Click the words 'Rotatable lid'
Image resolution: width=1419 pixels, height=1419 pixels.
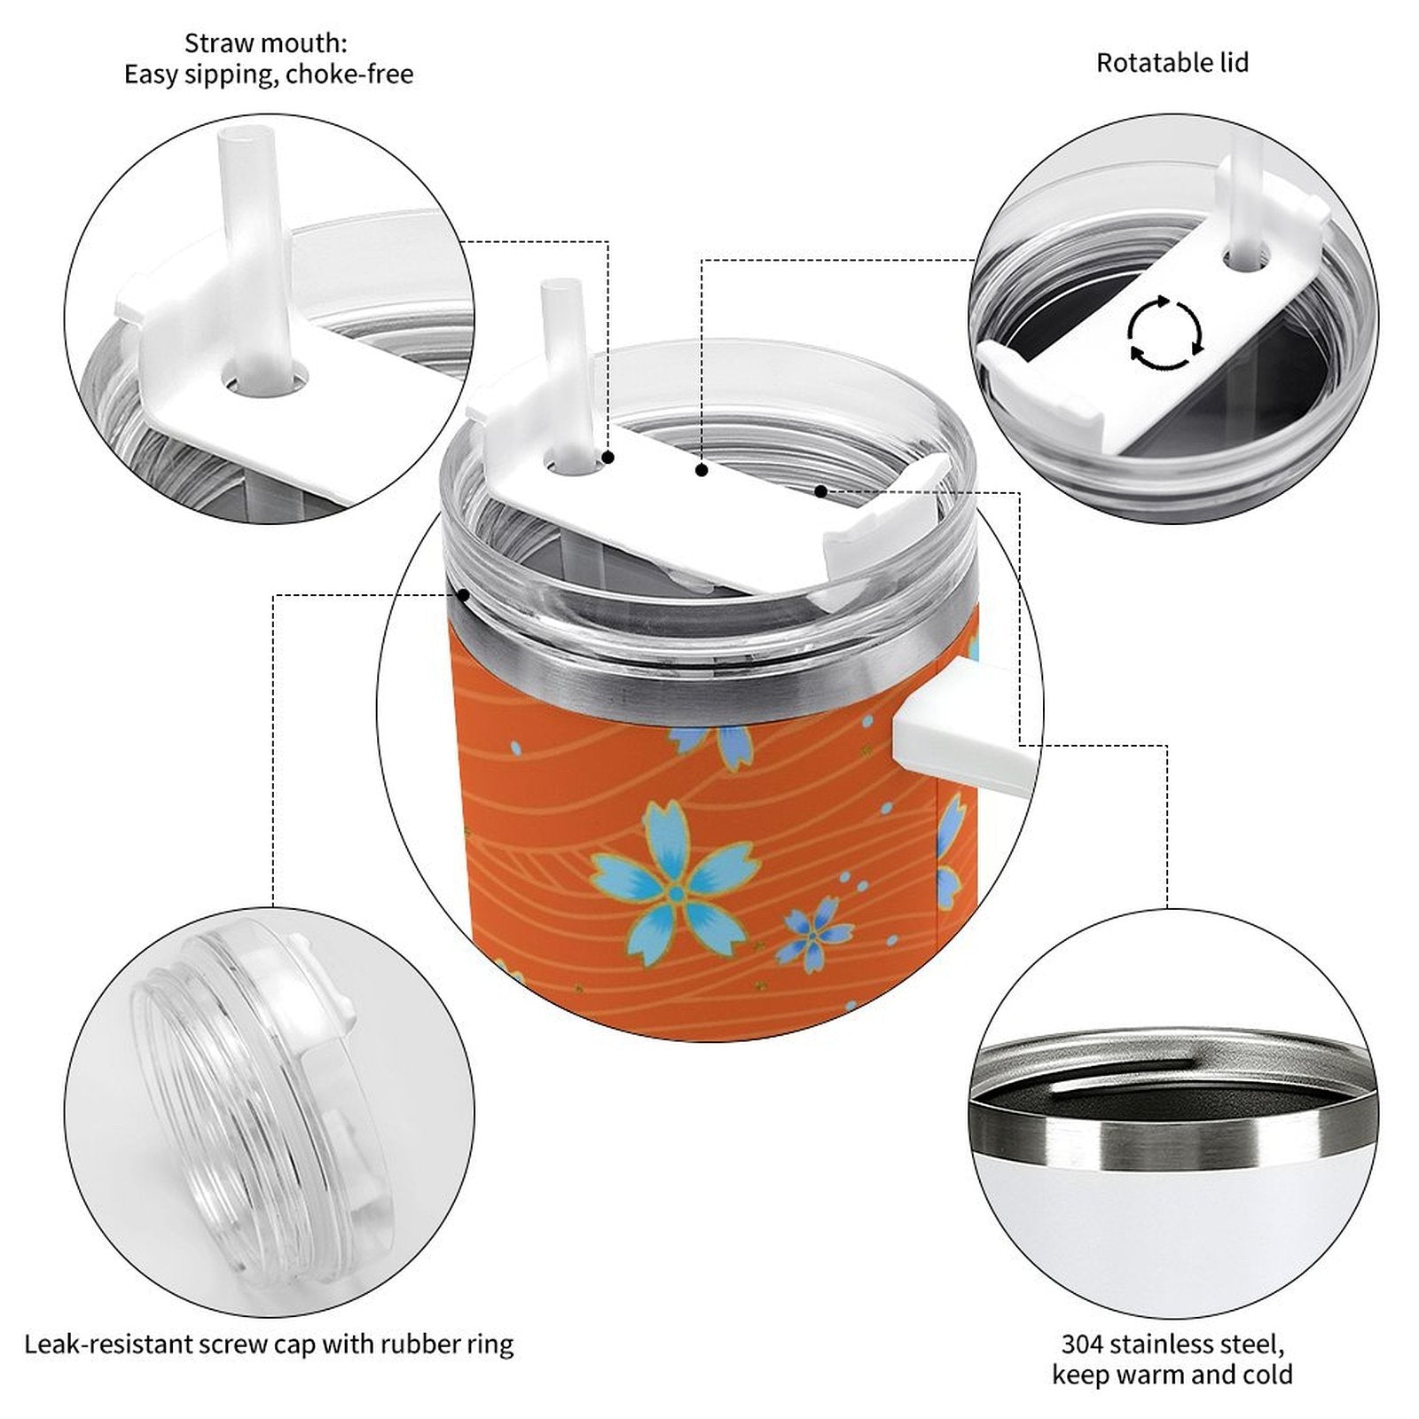[1172, 63]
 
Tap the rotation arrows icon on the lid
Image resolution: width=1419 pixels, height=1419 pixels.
[1165, 333]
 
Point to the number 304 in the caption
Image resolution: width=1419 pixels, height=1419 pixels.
[1082, 1344]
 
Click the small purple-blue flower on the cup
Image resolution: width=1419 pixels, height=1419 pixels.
[815, 933]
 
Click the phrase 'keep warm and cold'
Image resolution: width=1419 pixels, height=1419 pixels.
[1172, 1376]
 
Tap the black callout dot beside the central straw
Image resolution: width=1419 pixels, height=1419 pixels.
[609, 458]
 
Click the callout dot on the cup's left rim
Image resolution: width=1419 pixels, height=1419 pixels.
[462, 595]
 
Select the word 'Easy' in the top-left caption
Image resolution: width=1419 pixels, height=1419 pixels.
[150, 74]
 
